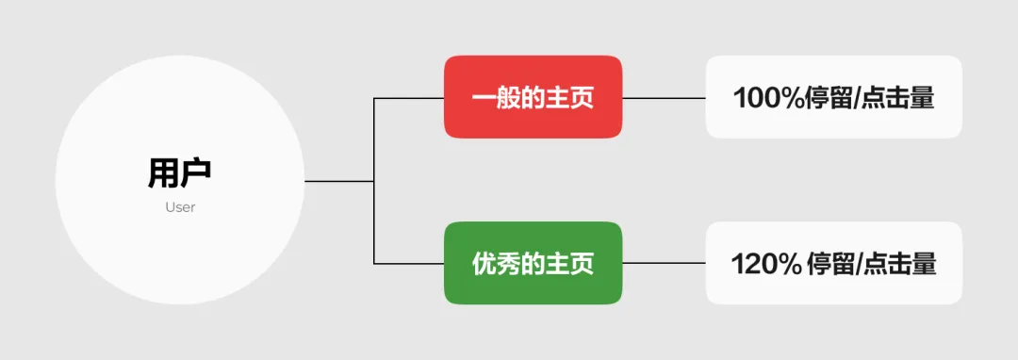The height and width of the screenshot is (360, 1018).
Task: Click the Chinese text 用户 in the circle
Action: (x=179, y=173)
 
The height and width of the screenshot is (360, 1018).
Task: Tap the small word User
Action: (x=179, y=207)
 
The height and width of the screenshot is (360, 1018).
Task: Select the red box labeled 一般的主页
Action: (x=533, y=97)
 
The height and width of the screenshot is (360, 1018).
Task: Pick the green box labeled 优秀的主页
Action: (x=533, y=263)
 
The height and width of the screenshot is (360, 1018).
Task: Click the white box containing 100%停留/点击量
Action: (x=833, y=97)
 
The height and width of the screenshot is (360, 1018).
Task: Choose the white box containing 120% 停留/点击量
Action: (x=833, y=263)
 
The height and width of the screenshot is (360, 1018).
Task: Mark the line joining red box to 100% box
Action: (x=664, y=98)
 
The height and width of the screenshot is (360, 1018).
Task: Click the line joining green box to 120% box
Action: (x=664, y=263)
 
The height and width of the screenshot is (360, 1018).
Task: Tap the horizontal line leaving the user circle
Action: (x=338, y=180)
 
